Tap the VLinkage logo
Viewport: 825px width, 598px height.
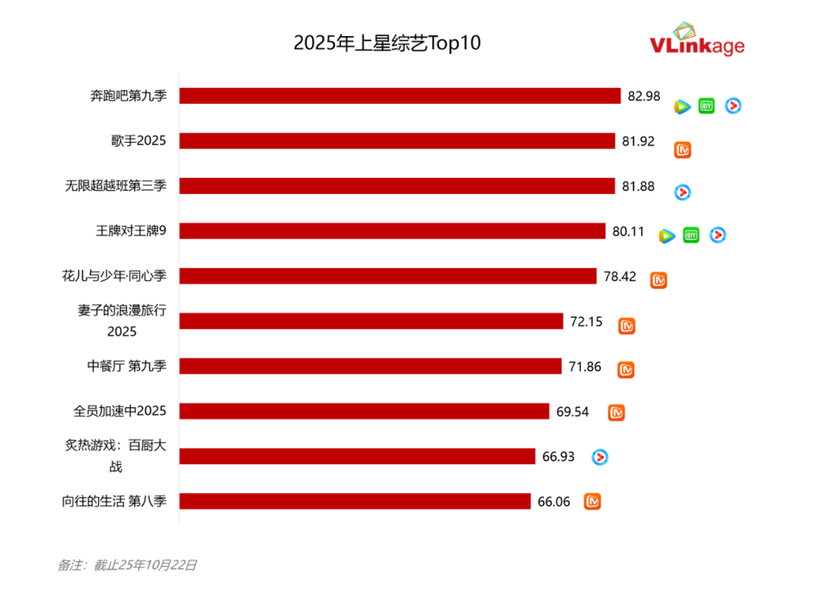(697, 41)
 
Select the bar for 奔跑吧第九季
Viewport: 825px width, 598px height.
(400, 96)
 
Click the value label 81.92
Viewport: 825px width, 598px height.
(639, 141)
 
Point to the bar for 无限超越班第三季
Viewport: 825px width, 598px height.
(397, 186)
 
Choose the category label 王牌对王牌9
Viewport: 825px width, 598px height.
(131, 230)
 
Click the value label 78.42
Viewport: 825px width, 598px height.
(620, 276)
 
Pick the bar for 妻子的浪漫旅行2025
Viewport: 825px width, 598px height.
(371, 321)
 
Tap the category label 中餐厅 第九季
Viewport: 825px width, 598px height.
(127, 366)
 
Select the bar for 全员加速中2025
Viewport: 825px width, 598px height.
(364, 412)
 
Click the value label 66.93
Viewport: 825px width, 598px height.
(558, 456)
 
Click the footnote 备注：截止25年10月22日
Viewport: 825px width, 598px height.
(127, 565)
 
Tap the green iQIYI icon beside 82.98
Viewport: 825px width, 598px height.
(706, 106)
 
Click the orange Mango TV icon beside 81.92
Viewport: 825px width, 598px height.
(682, 150)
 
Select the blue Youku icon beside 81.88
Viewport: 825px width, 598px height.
(682, 192)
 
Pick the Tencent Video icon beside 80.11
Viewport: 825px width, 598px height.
(667, 235)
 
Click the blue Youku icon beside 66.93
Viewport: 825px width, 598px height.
(600, 457)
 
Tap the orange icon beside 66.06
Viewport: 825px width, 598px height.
(592, 502)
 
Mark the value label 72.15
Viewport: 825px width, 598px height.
(586, 321)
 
